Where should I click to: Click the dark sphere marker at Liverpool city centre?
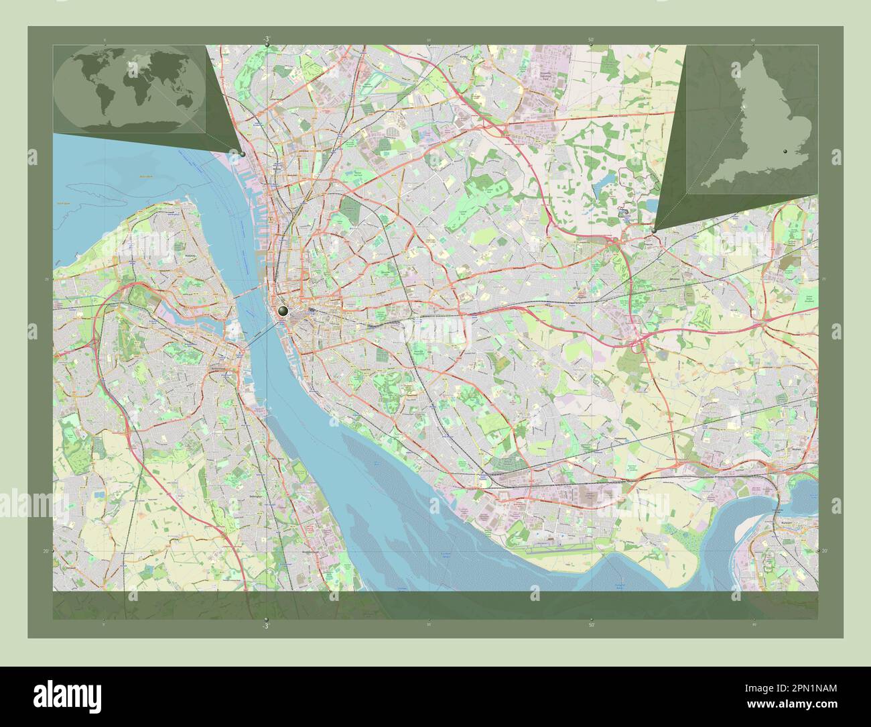pyautogui.click(x=283, y=311)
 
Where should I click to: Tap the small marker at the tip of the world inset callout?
pyautogui.click(x=242, y=154)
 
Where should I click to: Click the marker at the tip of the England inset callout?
pyautogui.click(x=653, y=230)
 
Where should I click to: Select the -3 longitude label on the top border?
pyautogui.click(x=267, y=39)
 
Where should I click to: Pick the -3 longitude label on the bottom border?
pyautogui.click(x=266, y=626)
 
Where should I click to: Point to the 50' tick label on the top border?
pyautogui.click(x=590, y=40)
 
